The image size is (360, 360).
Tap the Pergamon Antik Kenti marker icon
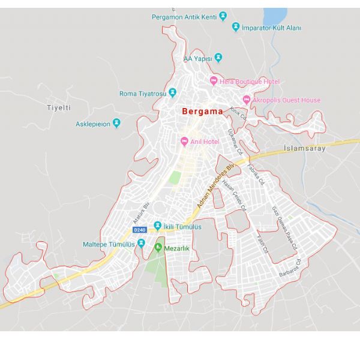click(x=223, y=16)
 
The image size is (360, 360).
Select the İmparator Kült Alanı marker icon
click(x=236, y=27)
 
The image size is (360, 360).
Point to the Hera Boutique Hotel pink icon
click(x=214, y=81)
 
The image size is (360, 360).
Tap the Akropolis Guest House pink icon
click(x=246, y=100)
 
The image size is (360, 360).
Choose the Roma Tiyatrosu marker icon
click(x=172, y=92)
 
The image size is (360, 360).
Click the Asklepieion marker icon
click(x=116, y=124)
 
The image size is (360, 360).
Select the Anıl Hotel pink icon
click(x=184, y=141)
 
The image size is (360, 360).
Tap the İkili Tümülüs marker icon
click(x=157, y=227)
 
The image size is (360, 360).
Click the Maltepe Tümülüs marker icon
click(x=141, y=243)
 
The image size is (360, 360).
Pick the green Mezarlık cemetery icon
click(x=158, y=248)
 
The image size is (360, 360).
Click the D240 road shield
click(x=139, y=229)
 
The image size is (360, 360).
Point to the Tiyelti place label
click(x=59, y=107)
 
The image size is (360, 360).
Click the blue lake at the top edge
click(x=275, y=16)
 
